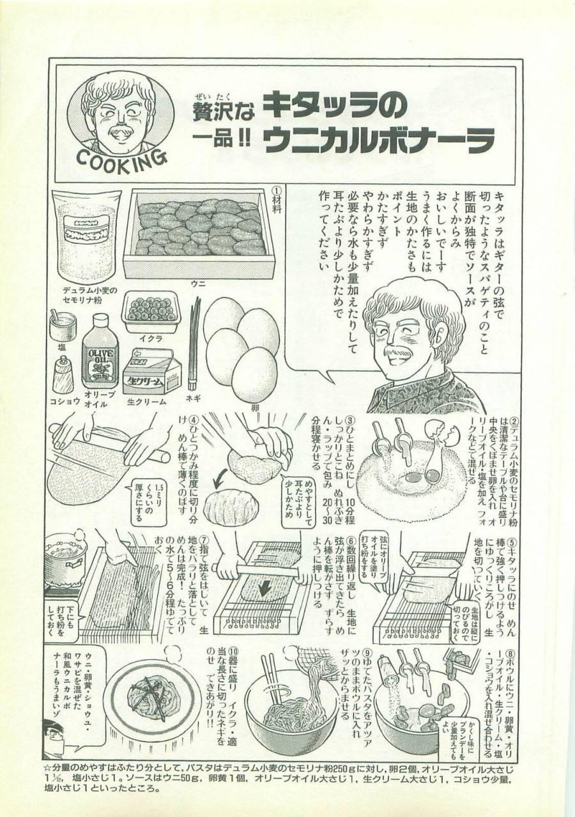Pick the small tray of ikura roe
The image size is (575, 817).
(x=151, y=310)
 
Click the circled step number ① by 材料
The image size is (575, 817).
(x=277, y=192)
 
